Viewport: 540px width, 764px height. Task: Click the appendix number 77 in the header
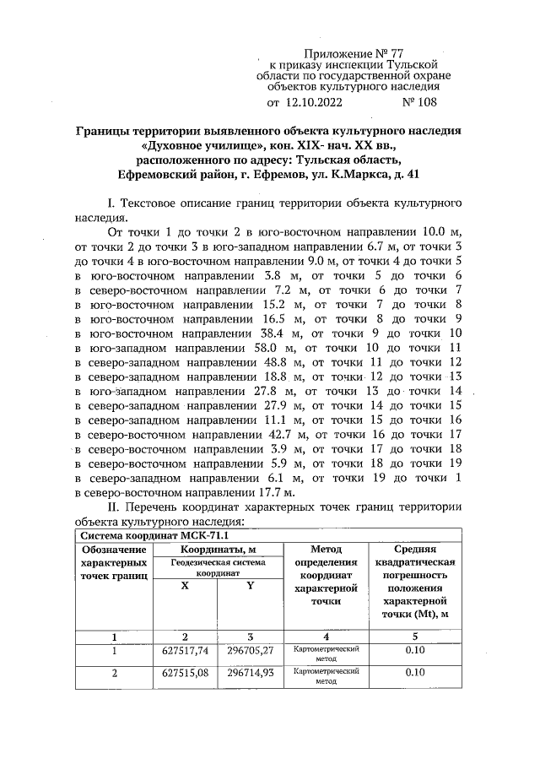(x=405, y=52)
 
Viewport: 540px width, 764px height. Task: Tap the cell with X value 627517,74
(x=185, y=651)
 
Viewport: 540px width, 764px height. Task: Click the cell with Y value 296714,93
(x=250, y=673)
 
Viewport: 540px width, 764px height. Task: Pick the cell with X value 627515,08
(x=185, y=673)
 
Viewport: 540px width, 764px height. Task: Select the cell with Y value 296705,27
(x=250, y=651)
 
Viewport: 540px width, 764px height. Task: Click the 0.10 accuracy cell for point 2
(x=413, y=673)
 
